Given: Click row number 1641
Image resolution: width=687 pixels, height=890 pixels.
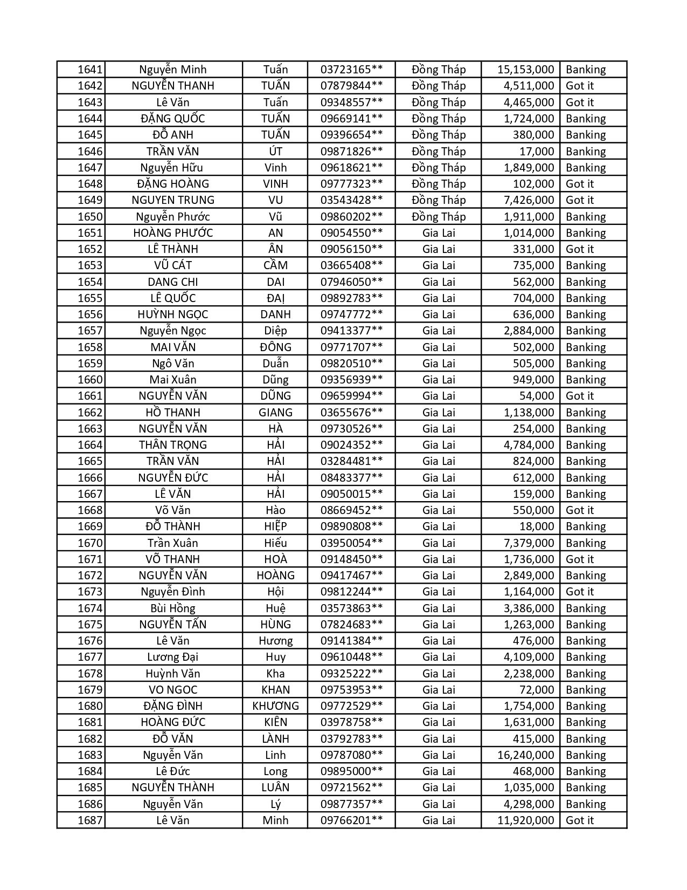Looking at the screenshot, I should (89, 70).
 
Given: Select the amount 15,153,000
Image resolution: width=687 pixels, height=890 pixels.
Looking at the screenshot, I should (525, 70).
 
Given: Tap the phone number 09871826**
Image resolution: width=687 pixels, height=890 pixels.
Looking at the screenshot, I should (351, 152).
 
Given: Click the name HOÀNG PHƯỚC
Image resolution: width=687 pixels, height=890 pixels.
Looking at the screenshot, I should (173, 233).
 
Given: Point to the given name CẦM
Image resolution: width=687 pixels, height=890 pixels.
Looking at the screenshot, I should (275, 265).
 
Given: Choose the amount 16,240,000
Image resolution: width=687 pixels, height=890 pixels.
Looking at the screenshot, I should (525, 755).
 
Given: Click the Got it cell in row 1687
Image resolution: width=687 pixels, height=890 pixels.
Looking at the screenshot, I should (580, 820).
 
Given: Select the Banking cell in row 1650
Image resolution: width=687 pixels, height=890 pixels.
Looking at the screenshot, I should (586, 217).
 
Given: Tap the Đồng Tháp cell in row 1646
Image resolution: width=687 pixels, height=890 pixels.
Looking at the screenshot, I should (439, 152).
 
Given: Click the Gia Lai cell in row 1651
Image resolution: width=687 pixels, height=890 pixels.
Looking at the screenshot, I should (439, 233).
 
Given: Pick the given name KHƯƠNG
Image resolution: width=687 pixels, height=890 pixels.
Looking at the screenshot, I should (275, 706).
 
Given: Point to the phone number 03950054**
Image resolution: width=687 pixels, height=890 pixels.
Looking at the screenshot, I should (351, 543).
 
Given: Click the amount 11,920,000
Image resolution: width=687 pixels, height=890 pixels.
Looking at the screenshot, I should (525, 820).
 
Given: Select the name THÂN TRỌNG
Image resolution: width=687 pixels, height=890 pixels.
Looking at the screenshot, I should (173, 445).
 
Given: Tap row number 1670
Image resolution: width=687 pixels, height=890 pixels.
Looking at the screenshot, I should (89, 543).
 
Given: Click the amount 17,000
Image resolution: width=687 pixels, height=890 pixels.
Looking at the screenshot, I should (537, 152).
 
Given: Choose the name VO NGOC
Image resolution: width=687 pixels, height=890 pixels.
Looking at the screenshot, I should (173, 690).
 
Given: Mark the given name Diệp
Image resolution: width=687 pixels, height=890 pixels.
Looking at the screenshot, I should (275, 331).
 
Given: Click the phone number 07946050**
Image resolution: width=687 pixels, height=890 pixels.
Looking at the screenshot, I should (351, 282).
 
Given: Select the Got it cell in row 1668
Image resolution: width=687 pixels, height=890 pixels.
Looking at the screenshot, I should (580, 510).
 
